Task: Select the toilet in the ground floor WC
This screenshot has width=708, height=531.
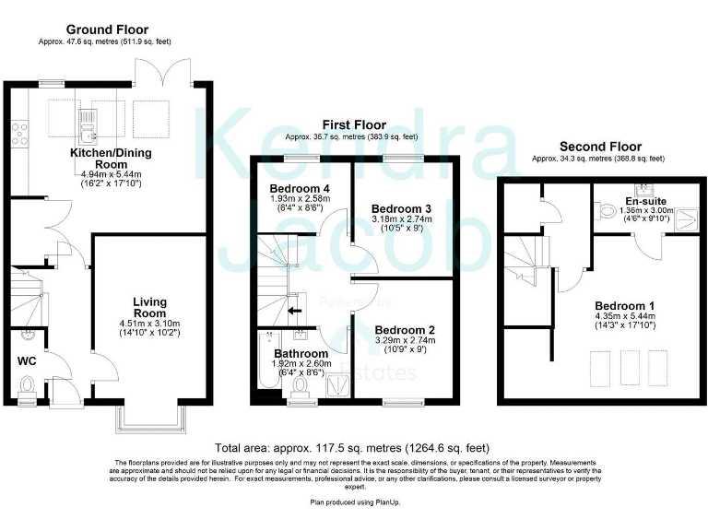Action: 28,384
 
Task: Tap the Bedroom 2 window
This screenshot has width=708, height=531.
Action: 399,403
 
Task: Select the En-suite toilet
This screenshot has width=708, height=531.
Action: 605,211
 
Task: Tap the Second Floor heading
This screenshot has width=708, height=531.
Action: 599,146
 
